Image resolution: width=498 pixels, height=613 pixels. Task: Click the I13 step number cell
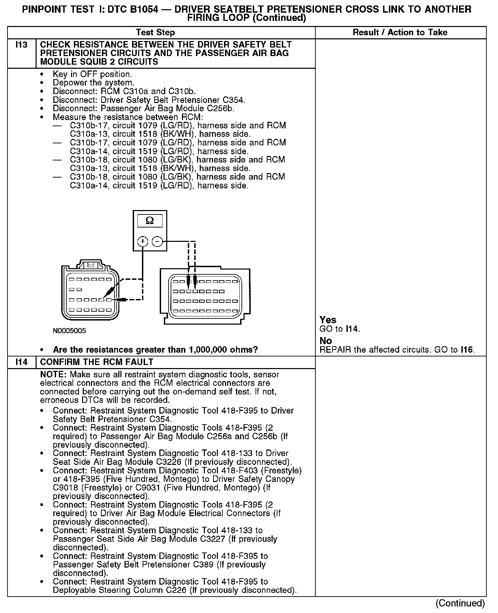click(x=21, y=45)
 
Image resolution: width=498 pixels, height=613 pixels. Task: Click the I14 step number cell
click(x=21, y=362)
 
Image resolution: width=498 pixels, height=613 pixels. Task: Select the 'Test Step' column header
click(x=155, y=32)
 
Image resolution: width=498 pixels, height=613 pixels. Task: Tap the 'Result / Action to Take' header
click(x=400, y=32)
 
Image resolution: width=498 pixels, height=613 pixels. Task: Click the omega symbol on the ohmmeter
click(x=149, y=221)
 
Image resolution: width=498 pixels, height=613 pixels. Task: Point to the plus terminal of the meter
click(x=142, y=242)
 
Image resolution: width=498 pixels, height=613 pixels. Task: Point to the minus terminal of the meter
click(x=157, y=242)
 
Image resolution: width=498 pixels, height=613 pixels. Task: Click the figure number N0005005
click(x=69, y=331)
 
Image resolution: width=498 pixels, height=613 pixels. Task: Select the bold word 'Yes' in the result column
click(x=328, y=320)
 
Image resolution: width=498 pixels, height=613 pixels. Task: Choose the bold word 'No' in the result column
click(x=326, y=341)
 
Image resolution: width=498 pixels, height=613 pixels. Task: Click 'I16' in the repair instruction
click(x=467, y=350)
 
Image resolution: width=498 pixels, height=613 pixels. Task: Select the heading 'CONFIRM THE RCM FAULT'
click(x=97, y=362)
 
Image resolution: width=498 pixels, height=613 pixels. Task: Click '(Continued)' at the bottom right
click(x=460, y=603)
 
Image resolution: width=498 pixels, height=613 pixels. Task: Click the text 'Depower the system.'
click(x=93, y=83)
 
